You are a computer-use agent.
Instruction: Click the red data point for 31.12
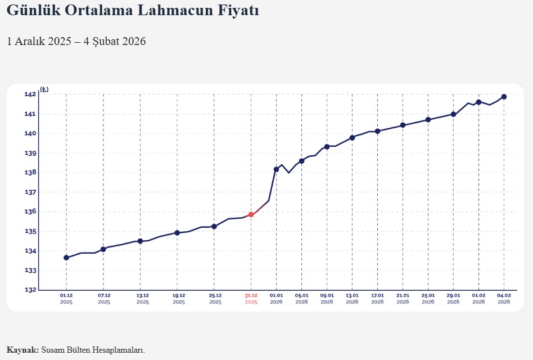(251, 214)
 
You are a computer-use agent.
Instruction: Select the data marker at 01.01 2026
(276, 169)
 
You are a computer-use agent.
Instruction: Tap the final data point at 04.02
(504, 97)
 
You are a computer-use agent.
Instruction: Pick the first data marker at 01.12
(66, 258)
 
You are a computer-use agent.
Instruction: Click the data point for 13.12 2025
(140, 241)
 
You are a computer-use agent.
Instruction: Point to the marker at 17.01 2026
(378, 131)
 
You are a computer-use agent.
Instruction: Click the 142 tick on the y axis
(30, 94)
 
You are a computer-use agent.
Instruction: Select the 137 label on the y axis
(30, 192)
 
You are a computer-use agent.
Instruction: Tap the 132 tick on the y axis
(30, 290)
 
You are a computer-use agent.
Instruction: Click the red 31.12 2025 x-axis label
(251, 298)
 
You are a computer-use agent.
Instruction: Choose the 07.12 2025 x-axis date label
(104, 298)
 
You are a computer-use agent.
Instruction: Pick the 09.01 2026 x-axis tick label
(327, 298)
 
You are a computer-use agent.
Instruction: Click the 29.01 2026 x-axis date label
(453, 298)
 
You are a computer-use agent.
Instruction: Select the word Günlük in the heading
(32, 10)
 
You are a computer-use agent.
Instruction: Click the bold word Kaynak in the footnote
(22, 350)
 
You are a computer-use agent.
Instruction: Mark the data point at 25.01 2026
(428, 119)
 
